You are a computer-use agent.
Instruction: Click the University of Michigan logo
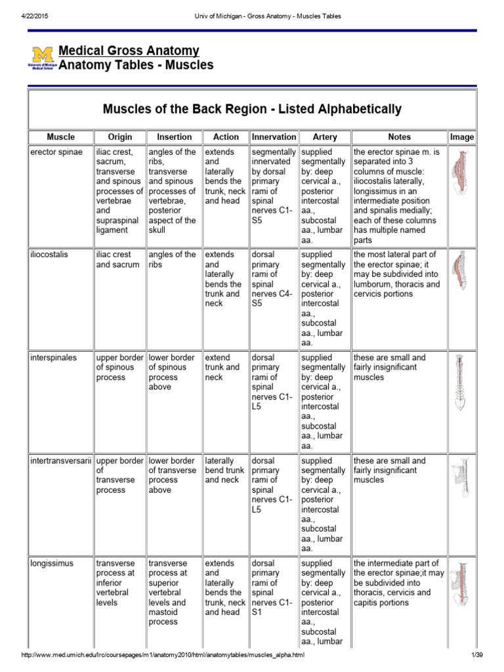pyautogui.click(x=42, y=58)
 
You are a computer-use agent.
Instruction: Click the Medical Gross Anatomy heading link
pyautogui.click(x=129, y=51)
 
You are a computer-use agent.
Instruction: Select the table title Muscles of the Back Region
pyautogui.click(x=252, y=109)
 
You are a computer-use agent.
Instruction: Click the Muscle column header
pyautogui.click(x=60, y=137)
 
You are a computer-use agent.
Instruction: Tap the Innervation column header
pyautogui.click(x=274, y=137)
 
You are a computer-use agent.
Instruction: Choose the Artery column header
pyautogui.click(x=325, y=137)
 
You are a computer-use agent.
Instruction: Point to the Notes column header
pyautogui.click(x=399, y=137)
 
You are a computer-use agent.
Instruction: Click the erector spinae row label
pyautogui.click(x=56, y=152)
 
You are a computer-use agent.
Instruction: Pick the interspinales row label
pyautogui.click(x=53, y=358)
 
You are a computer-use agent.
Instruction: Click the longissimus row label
pyautogui.click(x=52, y=564)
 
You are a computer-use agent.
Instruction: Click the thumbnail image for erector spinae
pyautogui.click(x=461, y=173)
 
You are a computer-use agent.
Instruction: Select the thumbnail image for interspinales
pyautogui.click(x=461, y=382)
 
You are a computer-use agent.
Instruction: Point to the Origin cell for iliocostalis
pyautogui.click(x=118, y=260)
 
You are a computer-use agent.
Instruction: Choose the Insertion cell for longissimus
pyautogui.click(x=173, y=592)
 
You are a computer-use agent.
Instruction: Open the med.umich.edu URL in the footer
pyautogui.click(x=163, y=656)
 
